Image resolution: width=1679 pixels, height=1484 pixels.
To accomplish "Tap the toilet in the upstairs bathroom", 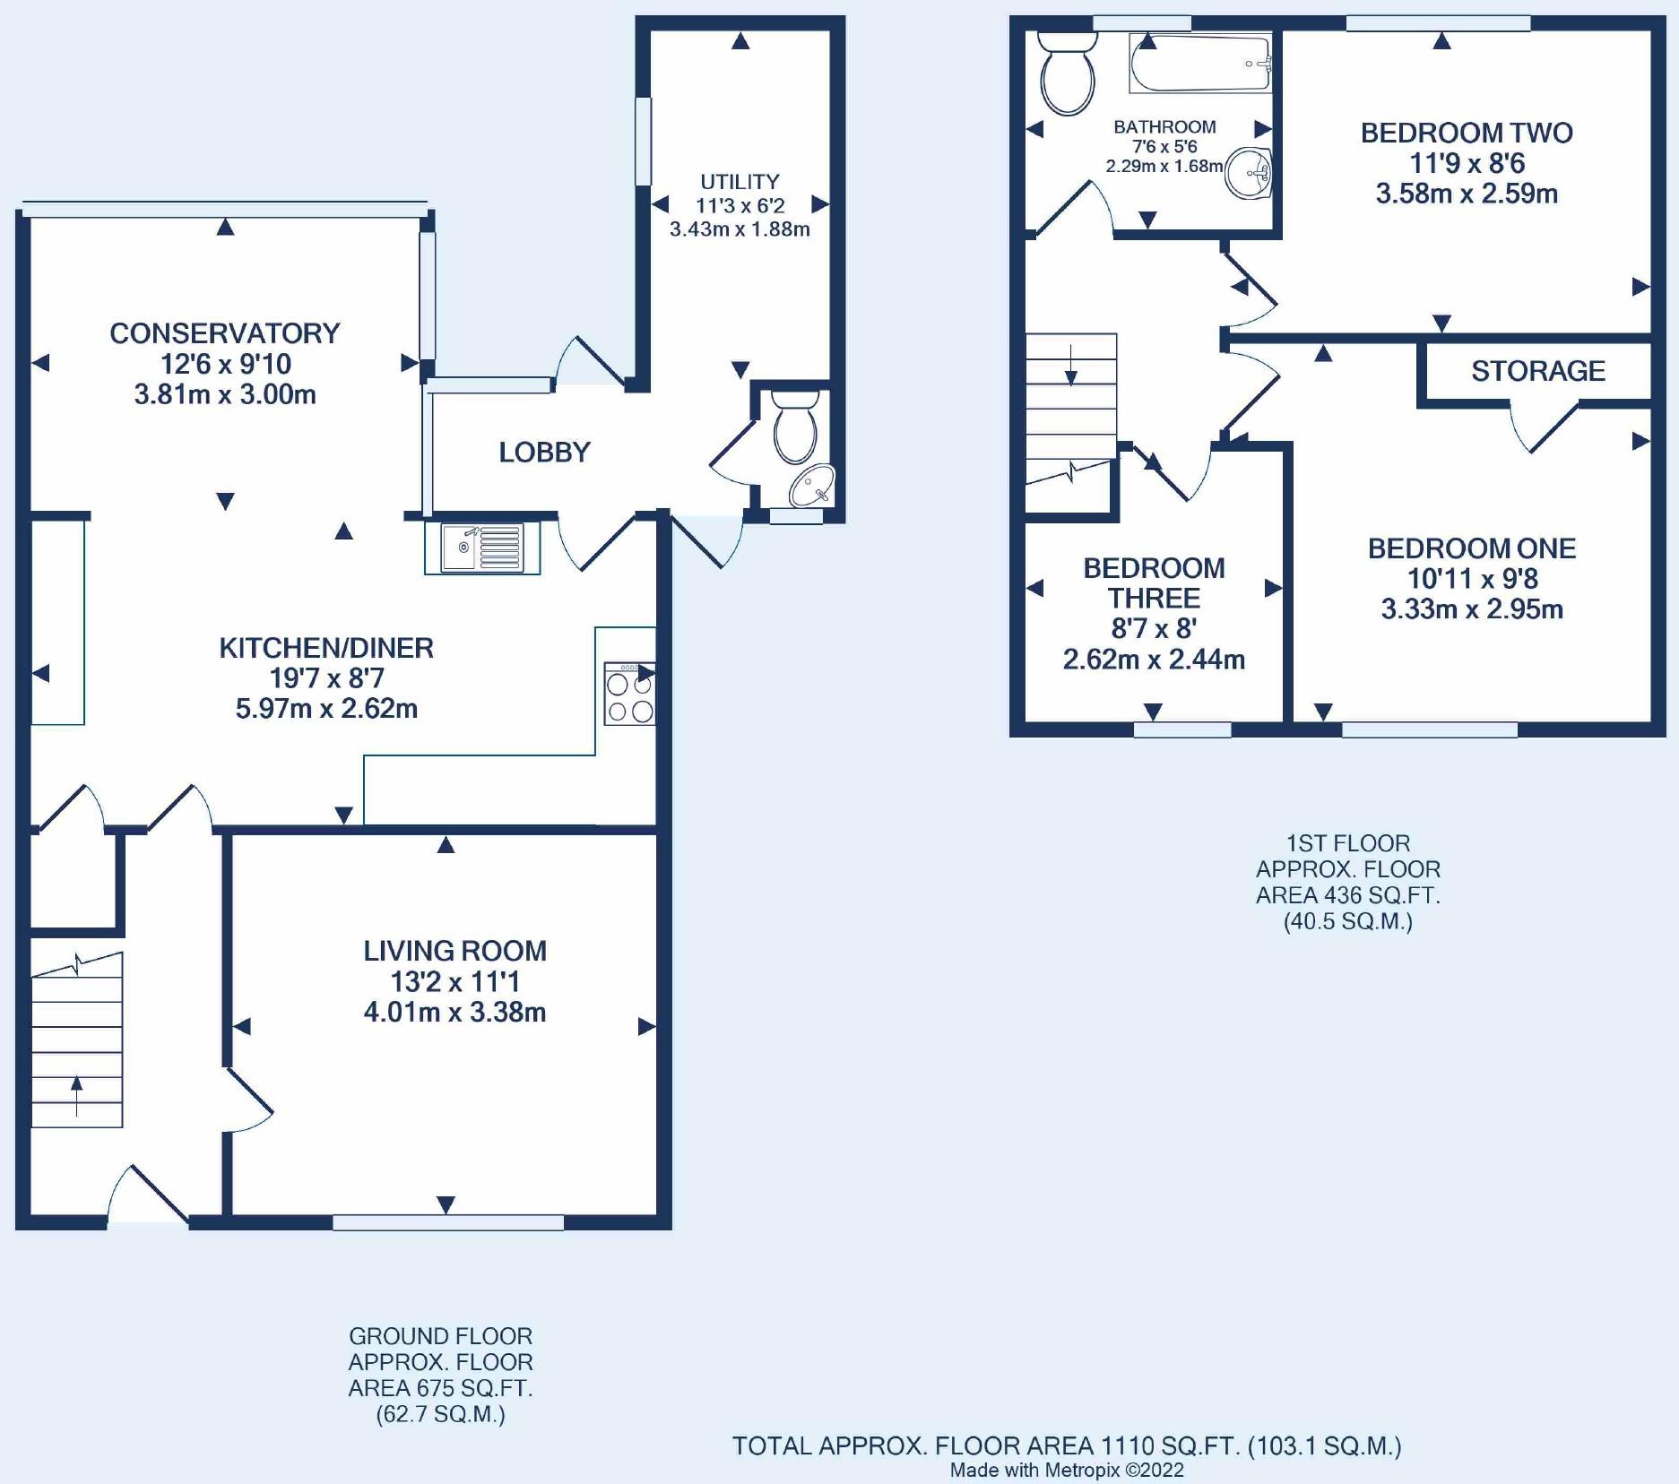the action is (x=1068, y=73).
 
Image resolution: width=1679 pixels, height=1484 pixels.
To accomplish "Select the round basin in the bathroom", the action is (x=1249, y=172).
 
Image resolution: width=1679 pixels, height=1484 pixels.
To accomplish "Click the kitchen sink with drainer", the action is (x=482, y=548).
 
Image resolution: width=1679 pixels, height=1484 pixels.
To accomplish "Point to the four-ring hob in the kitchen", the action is (x=629, y=694).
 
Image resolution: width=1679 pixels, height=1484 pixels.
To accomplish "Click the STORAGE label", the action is (x=1538, y=371).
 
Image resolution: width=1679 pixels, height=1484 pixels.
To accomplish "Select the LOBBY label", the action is (x=544, y=453).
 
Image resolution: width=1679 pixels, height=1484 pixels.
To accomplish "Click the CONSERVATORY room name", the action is (x=225, y=333).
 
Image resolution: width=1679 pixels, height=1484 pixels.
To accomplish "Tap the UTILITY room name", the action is (x=740, y=182).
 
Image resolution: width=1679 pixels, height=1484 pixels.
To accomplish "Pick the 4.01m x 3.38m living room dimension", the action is (x=454, y=1013).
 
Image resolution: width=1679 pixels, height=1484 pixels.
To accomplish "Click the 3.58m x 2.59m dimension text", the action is (x=1467, y=194).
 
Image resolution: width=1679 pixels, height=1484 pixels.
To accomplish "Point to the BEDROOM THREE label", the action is (x=1154, y=582).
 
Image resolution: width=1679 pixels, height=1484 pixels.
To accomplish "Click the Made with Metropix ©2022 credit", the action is (x=1067, y=1470).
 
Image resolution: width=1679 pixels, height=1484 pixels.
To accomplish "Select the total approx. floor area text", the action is (x=1067, y=1445).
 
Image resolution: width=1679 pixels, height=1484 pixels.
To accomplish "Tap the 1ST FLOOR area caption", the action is (x=1348, y=882).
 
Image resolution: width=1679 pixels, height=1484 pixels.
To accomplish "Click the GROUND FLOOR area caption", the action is (x=440, y=1375).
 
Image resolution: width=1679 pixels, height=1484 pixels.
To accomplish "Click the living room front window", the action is (x=448, y=1222).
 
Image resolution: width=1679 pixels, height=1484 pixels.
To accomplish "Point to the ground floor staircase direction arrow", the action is (x=76, y=1095).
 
